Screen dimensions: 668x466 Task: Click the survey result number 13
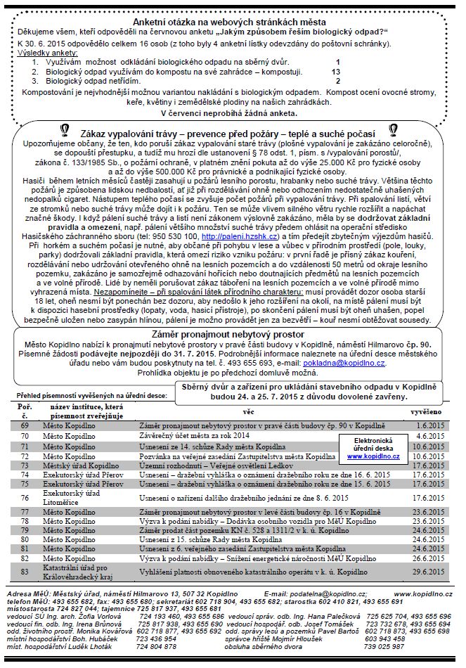pos(336,71)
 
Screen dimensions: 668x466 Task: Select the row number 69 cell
pos(25,425)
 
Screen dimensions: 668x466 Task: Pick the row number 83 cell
pos(25,572)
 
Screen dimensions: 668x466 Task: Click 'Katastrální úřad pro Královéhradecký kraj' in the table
pos(82,572)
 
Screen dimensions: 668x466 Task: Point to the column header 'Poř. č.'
pos(25,410)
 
